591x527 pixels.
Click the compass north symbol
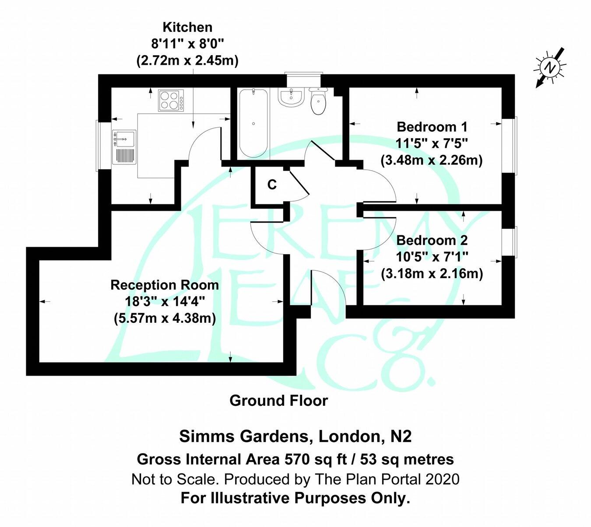(550, 68)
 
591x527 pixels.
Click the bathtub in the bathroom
(253, 123)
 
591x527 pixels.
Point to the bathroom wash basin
(291, 97)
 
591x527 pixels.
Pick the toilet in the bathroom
(318, 101)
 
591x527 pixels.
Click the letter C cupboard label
(272, 185)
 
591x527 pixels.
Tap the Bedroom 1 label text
(432, 127)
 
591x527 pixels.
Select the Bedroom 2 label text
(432, 240)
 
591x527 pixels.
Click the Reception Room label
(165, 285)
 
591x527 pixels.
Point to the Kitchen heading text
(187, 27)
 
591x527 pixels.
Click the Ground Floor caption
(278, 400)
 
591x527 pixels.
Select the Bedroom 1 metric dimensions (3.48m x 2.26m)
(432, 160)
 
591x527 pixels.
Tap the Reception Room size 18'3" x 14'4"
(165, 301)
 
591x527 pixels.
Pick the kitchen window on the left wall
(98, 146)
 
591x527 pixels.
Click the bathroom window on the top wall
(303, 73)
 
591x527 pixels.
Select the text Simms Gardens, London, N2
(295, 436)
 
